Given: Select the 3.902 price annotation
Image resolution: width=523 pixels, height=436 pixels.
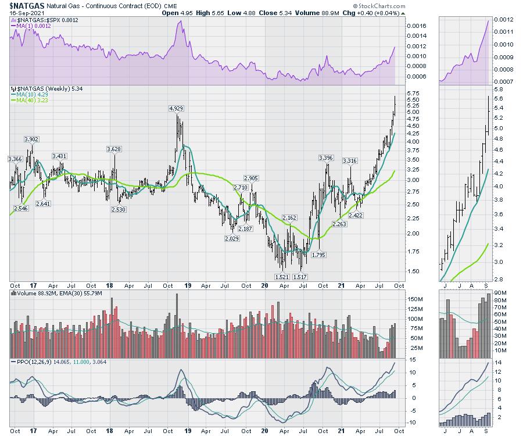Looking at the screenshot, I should (32, 139).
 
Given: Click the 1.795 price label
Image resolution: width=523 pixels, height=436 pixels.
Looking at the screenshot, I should (318, 255).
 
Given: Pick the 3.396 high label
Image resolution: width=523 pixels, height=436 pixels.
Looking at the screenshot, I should (327, 158).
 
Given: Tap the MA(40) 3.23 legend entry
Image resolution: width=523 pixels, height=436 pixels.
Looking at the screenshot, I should (30, 101).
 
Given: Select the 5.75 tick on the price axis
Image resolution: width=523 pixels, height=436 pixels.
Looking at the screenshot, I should (413, 93).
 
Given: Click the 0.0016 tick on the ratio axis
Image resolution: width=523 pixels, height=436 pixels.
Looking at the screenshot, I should (416, 26).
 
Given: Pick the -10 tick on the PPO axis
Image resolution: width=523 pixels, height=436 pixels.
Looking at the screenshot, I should (411, 422).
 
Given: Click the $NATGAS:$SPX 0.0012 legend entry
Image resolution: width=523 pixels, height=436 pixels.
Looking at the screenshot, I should (38, 20).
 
